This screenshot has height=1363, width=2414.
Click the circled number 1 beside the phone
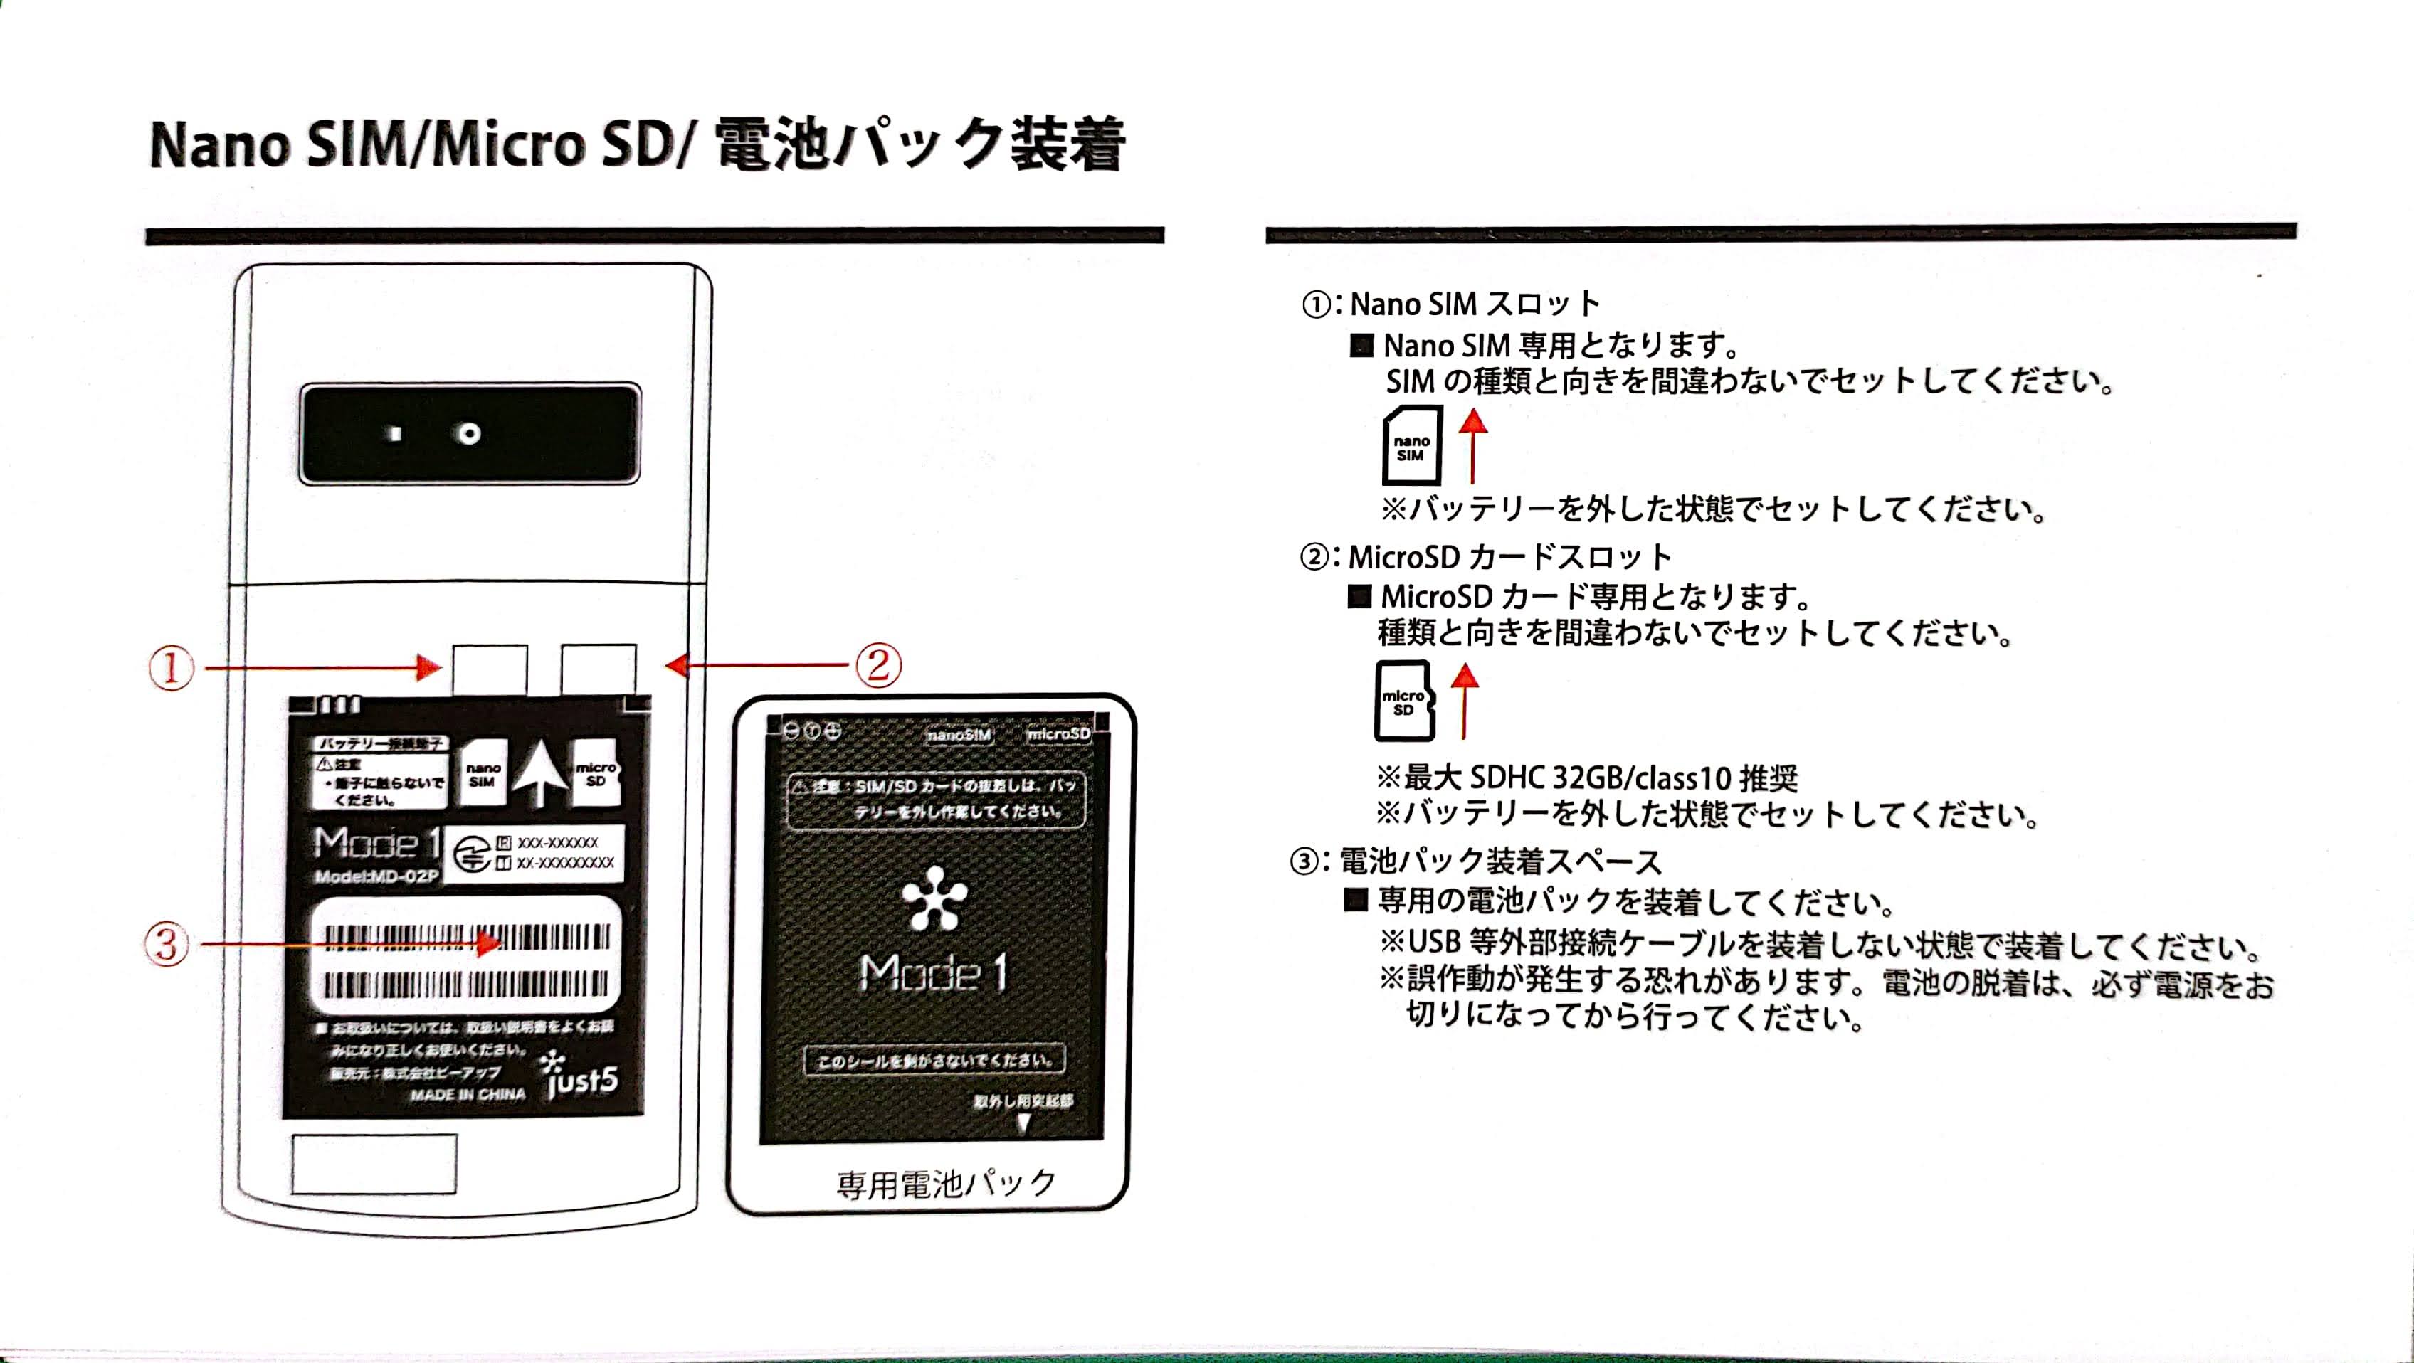[x=171, y=668]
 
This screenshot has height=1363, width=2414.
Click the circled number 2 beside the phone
[x=878, y=665]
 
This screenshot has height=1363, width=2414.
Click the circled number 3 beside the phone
[x=167, y=943]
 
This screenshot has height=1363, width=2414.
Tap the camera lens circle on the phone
[x=468, y=434]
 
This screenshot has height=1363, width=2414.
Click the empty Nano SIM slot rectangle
[x=489, y=669]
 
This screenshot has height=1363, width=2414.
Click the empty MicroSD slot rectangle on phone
[x=599, y=669]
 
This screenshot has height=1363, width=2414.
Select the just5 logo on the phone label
[x=579, y=1077]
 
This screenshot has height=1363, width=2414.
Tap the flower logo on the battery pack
[x=934, y=898]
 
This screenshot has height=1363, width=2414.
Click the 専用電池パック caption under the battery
[x=946, y=1184]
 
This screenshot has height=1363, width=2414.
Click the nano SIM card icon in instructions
[x=1412, y=446]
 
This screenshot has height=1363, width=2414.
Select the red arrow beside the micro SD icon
[x=1465, y=700]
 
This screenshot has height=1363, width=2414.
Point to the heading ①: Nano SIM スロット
[x=1450, y=304]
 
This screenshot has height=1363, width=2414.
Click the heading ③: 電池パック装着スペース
[x=1476, y=861]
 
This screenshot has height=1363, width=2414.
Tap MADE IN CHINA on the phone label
[x=468, y=1094]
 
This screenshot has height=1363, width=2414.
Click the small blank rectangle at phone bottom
[x=374, y=1165]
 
